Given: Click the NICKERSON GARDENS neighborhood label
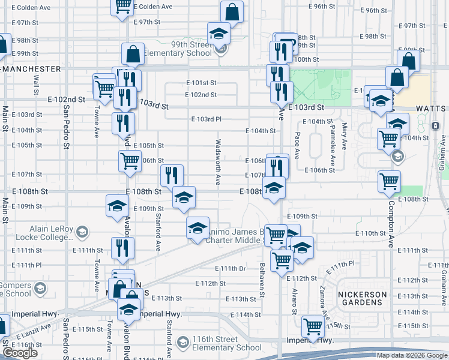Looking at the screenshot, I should coord(360,298).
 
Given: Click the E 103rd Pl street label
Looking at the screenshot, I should coord(206,119).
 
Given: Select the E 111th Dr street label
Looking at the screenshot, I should coord(231,268).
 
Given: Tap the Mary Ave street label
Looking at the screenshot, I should coord(344,136).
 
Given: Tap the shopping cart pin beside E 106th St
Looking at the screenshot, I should coord(130,161).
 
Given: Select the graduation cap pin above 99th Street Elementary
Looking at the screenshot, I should coord(218,32).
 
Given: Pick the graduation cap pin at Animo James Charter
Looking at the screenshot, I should coord(197,227).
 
